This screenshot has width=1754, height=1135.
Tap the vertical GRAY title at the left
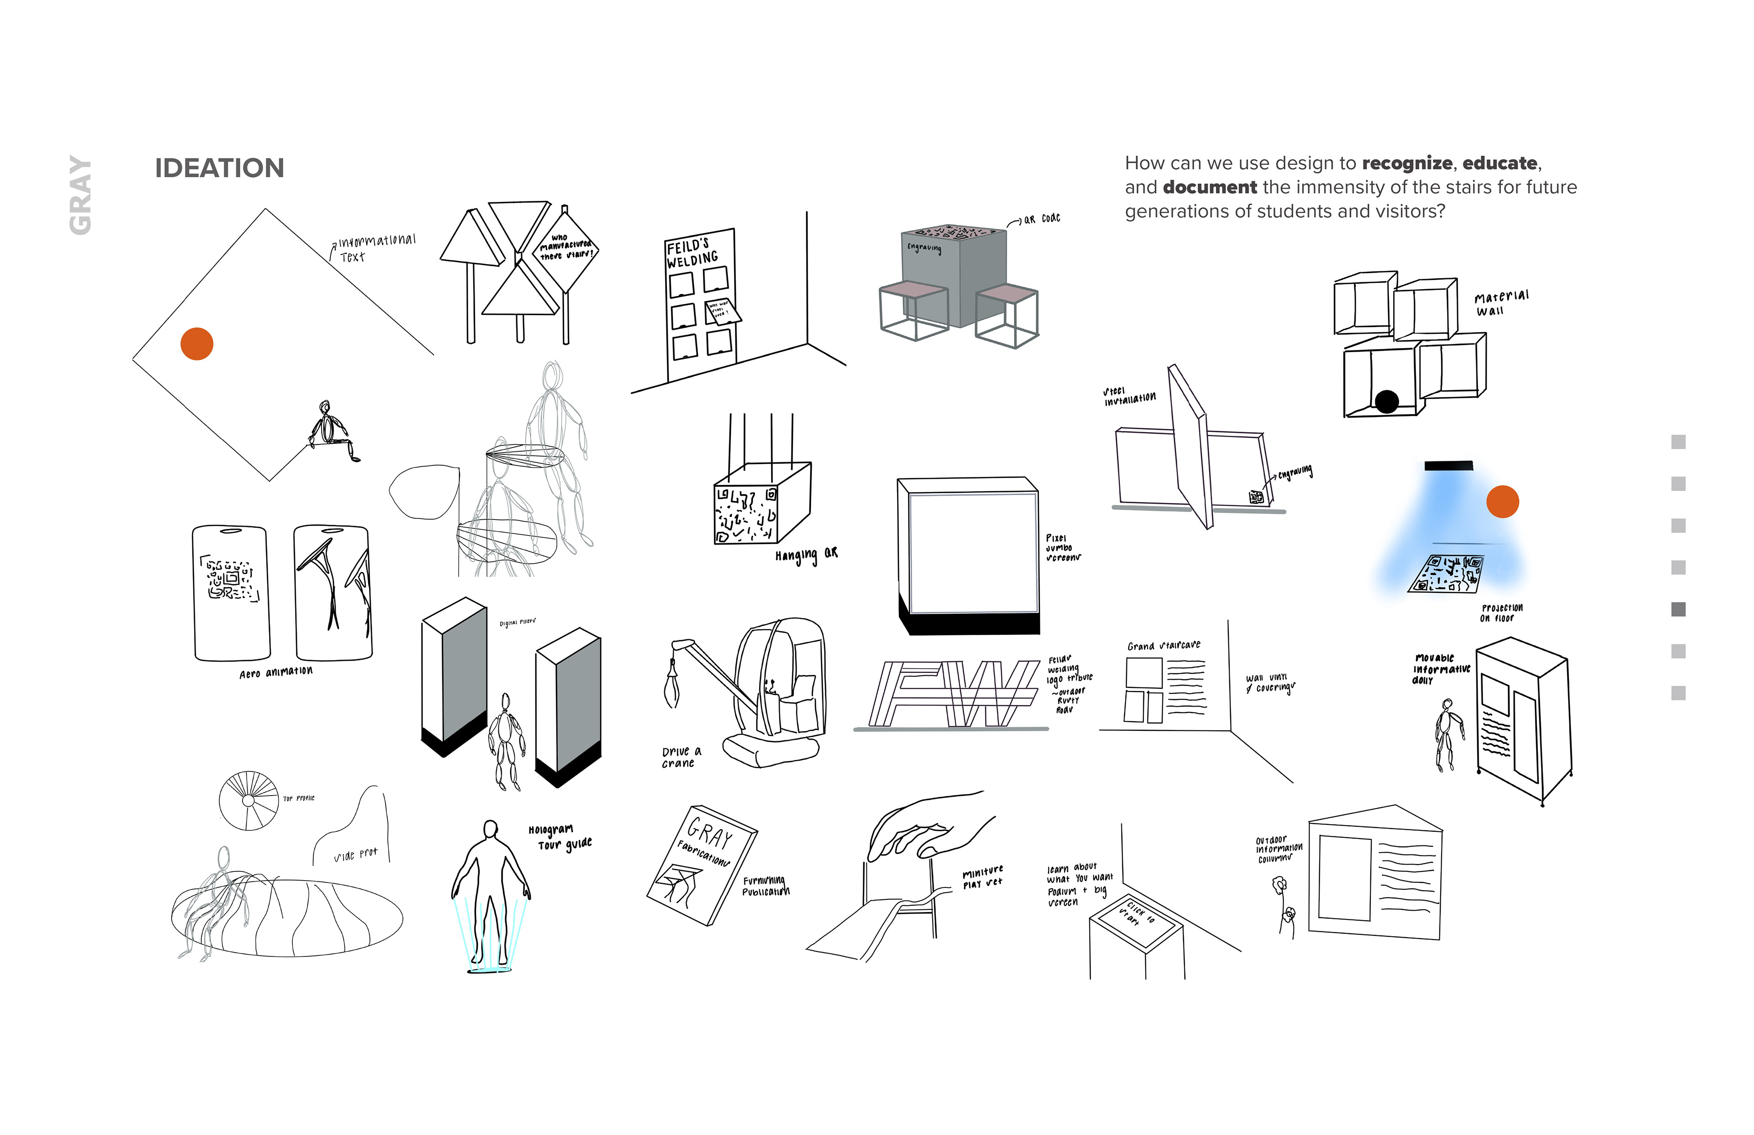[80, 195]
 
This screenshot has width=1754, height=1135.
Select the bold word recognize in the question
[1406, 163]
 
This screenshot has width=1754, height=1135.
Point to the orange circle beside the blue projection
[1502, 502]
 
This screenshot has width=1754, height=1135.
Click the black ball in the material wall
[1386, 401]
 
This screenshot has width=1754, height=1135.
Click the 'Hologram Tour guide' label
[560, 836]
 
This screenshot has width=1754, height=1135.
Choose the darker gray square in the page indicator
[1678, 609]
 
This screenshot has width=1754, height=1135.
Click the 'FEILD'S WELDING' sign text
[691, 252]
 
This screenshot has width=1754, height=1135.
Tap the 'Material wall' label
[1500, 302]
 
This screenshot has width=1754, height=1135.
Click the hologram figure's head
[490, 830]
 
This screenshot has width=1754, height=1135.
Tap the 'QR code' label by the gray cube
[1041, 219]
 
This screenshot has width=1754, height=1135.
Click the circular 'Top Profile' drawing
[249, 800]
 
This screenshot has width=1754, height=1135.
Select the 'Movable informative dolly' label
[1440, 669]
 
